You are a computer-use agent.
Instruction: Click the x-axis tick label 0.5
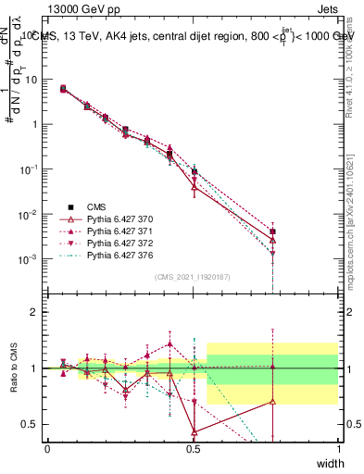click(193, 448)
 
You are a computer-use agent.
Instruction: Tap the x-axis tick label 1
click(338, 448)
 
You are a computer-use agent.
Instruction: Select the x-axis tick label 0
click(47, 448)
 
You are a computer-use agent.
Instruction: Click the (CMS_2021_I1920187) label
click(193, 277)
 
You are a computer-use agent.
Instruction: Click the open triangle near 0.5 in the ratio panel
click(194, 431)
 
